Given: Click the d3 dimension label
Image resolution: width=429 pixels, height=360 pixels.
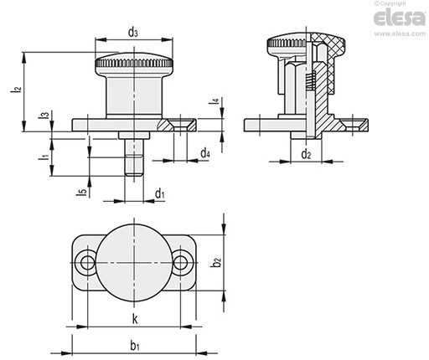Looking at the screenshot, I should tap(134, 32).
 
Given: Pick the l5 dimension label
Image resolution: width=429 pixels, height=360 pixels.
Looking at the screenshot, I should tap(82, 193).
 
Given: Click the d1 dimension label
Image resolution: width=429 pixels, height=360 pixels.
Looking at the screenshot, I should tap(159, 194).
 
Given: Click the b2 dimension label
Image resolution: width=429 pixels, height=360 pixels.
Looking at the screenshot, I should tap(217, 262).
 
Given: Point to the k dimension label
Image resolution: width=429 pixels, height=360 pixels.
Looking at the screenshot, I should tap(134, 320).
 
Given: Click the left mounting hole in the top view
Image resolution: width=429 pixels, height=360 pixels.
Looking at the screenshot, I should tap(87, 263).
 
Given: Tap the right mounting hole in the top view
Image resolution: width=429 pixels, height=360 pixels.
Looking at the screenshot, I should tap(181, 263).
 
